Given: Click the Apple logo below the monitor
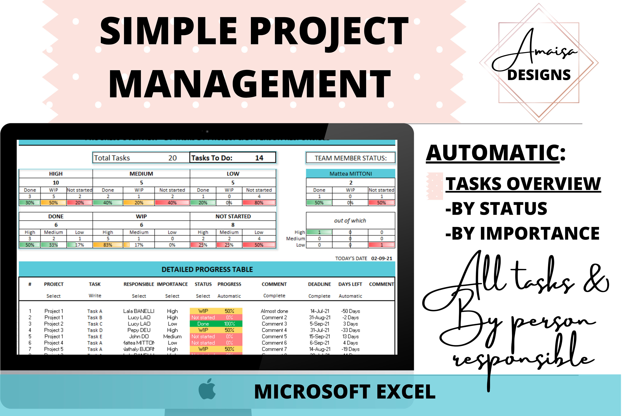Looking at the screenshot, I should point(207,389).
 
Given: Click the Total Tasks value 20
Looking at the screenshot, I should point(172,158).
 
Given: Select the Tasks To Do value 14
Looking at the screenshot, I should point(259,158).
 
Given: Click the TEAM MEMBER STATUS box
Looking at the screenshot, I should point(350,158).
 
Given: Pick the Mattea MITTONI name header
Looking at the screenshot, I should point(350,174).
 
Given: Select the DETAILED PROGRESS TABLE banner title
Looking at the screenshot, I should point(207,270).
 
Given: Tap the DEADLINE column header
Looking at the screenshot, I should point(319,284).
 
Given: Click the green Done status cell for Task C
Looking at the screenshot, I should point(203,324).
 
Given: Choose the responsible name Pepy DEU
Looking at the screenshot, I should point(139,330).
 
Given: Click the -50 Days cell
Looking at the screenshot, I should point(350,311).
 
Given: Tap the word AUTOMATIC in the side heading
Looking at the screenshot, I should point(493,153).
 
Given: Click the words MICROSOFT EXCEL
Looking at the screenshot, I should point(345,392).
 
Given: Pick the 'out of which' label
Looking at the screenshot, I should point(350,221).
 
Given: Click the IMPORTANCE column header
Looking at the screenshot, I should point(172,284).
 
